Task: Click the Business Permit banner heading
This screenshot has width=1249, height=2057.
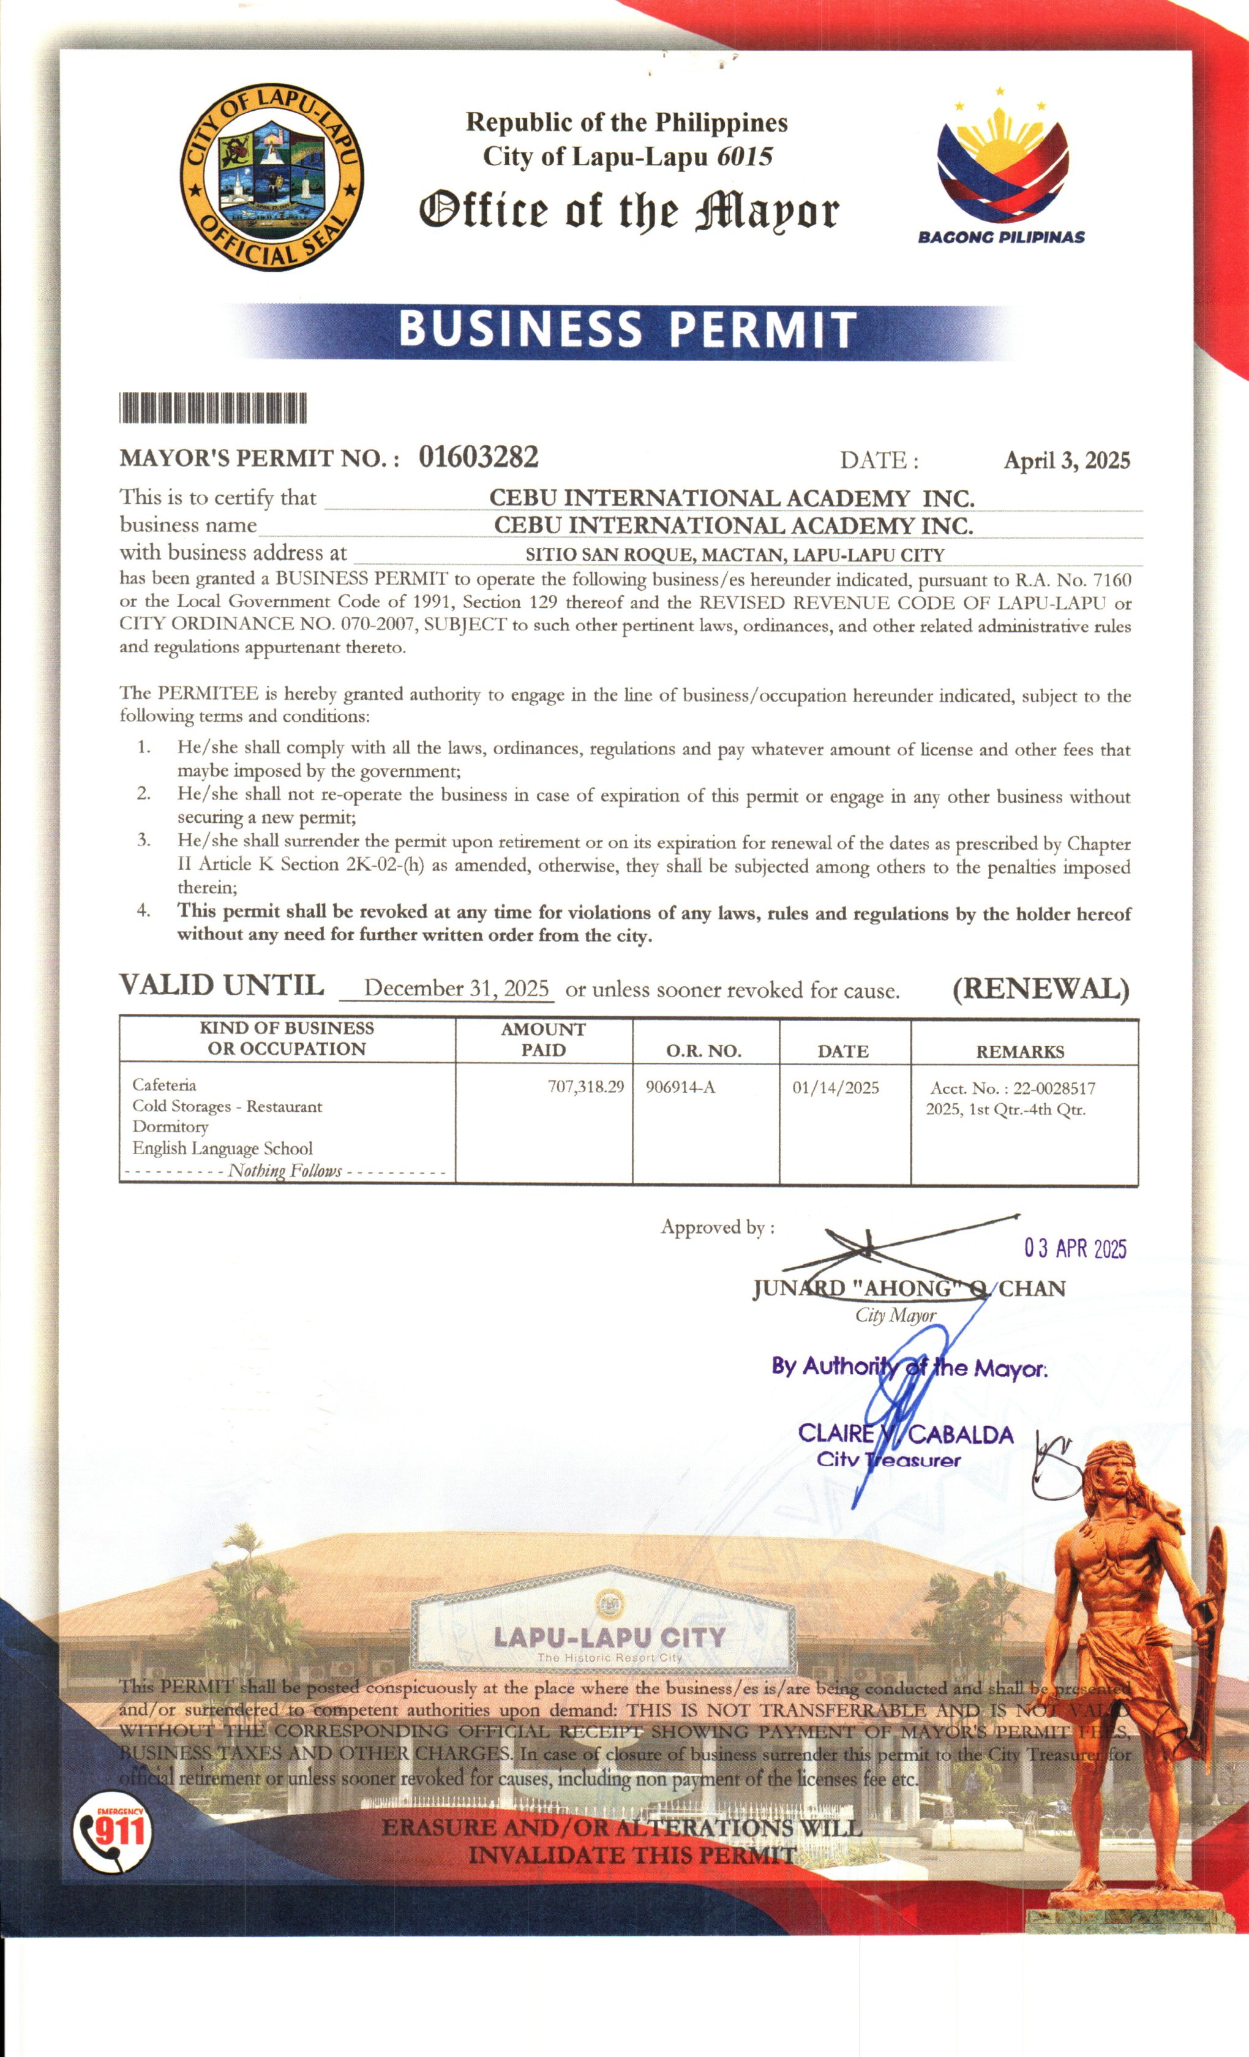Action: click(627, 329)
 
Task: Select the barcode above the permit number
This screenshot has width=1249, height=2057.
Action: click(213, 407)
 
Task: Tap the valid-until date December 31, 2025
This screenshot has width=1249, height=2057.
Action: click(456, 989)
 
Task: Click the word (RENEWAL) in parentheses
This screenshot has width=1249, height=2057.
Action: click(1040, 989)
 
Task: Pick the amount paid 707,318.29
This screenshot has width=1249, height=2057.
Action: click(586, 1087)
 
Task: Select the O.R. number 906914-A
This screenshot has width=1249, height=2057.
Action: click(680, 1087)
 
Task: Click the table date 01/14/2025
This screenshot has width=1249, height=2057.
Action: click(836, 1087)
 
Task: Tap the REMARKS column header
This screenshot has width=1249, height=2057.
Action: click(1020, 1051)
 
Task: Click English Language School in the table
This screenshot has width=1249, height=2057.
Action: click(222, 1148)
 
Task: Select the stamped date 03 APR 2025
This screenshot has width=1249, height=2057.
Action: click(1075, 1249)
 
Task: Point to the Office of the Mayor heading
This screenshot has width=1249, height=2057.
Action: click(628, 212)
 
